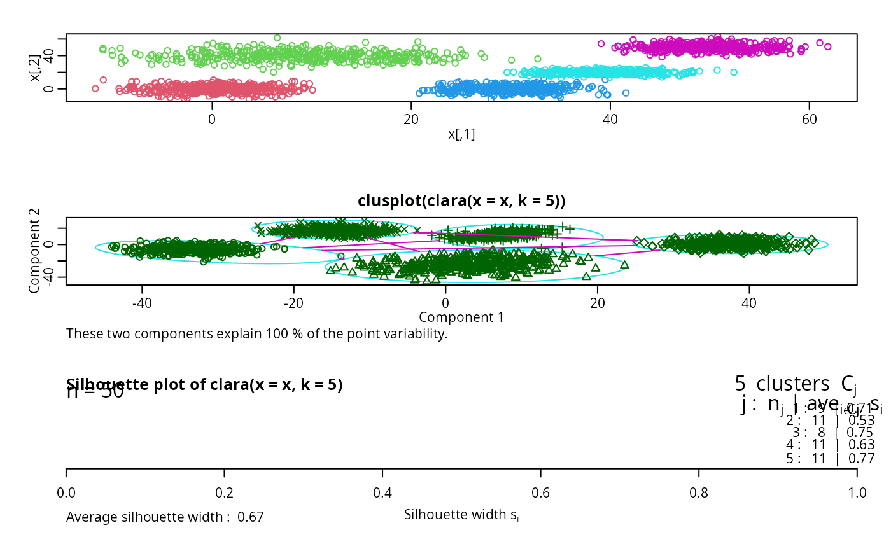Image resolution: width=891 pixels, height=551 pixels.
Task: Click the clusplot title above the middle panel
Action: (461, 201)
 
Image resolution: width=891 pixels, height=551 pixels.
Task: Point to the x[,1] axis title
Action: (461, 134)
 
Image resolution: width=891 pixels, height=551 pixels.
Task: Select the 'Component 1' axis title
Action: (461, 316)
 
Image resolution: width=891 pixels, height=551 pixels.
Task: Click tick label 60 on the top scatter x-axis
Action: (809, 118)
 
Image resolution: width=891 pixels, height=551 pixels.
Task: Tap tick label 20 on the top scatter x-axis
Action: (411, 118)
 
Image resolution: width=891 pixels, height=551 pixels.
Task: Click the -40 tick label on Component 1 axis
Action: (141, 303)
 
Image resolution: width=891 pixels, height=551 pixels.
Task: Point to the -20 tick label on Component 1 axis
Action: (293, 303)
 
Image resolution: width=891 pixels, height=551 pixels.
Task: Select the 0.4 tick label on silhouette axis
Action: (382, 493)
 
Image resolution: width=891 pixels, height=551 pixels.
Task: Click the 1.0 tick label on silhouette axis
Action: (857, 493)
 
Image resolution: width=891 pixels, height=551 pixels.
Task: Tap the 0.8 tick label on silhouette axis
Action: (699, 493)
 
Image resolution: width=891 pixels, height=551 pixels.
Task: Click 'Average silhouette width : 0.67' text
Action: (165, 517)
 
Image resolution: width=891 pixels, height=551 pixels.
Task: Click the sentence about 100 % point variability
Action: (256, 333)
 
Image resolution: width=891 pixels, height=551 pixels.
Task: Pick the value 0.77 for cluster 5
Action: (862, 457)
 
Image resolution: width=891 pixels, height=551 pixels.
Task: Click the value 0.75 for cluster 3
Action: (862, 433)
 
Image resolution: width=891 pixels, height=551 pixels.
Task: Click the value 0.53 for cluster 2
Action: (862, 421)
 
